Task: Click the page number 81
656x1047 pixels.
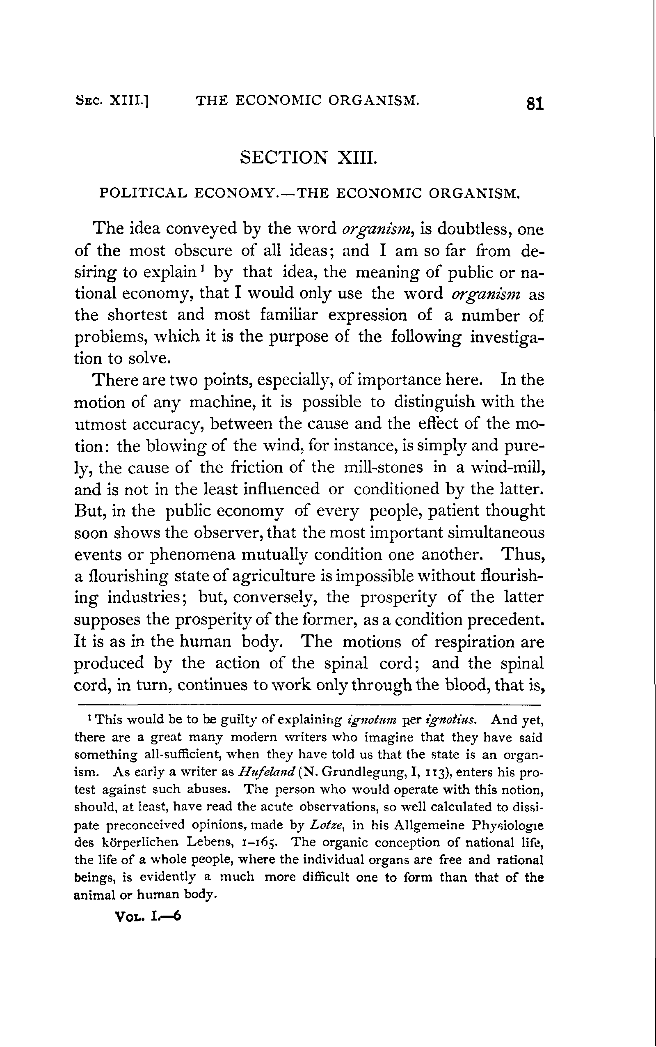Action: click(x=535, y=104)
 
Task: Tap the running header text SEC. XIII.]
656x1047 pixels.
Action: click(x=112, y=101)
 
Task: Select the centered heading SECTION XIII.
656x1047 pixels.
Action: click(x=309, y=157)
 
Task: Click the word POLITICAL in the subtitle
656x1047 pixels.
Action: click(x=143, y=193)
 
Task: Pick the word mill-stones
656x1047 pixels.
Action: click(x=383, y=467)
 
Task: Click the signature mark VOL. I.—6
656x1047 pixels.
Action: click(x=148, y=916)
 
